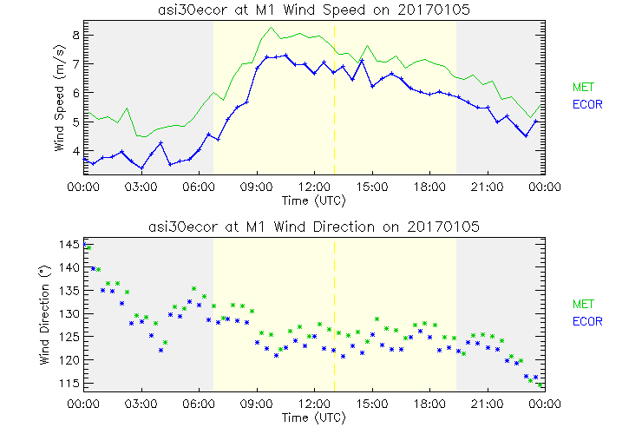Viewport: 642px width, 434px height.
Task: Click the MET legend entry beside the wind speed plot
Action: point(582,87)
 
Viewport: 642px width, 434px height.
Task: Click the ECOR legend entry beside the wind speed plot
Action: point(586,104)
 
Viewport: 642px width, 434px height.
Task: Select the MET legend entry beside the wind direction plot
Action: point(582,304)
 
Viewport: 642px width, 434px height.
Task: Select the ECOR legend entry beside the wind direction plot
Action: point(586,321)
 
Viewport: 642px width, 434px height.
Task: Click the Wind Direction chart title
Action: point(313,227)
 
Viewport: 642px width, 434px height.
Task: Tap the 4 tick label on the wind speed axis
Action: point(75,151)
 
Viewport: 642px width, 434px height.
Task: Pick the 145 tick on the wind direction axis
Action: point(70,245)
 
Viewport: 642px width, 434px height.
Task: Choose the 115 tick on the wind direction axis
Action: point(70,383)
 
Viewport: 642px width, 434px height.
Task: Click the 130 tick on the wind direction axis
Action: point(70,313)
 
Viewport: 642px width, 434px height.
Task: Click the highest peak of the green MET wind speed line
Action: point(272,28)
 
